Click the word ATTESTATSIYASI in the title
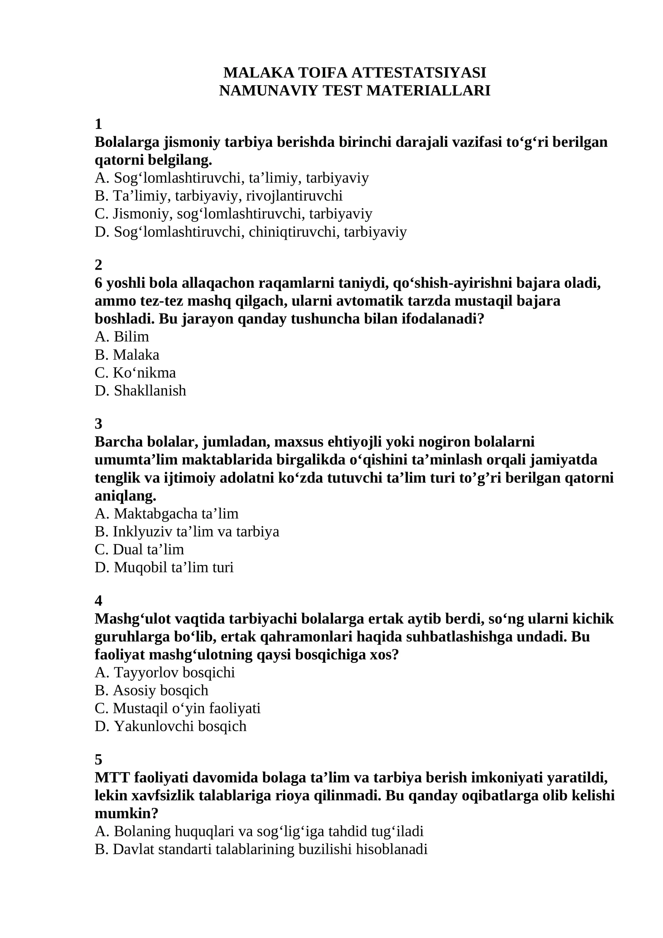pos(419,73)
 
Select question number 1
pos(98,124)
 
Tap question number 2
pos(98,265)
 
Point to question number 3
pos(98,423)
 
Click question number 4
pos(98,600)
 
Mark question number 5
pos(98,759)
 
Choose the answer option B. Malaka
pos(127,355)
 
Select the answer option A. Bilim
pos(122,336)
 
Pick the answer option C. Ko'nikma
pos(135,372)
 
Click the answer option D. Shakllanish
pos(140,390)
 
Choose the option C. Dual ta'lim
pos(139,549)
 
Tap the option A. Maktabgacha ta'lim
pos(167,513)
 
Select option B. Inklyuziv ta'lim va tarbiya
pos(187,531)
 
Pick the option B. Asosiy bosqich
pos(151,690)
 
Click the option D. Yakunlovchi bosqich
pos(170,726)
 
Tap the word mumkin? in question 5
pos(126,813)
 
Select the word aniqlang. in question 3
pos(126,496)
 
